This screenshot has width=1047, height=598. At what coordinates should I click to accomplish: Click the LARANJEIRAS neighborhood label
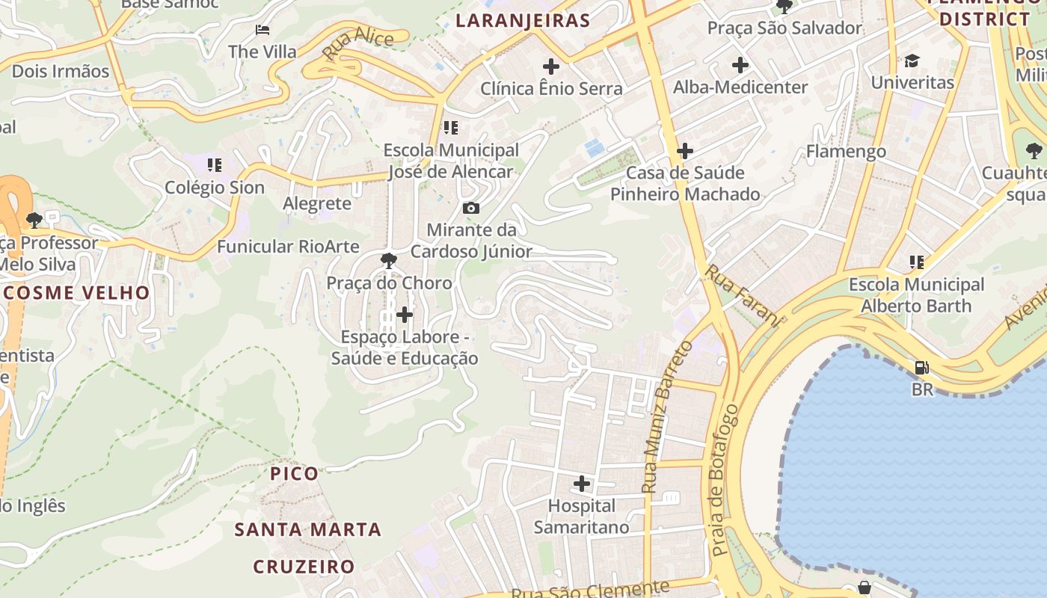coord(523,20)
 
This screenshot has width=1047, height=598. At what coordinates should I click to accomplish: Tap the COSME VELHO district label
coord(76,292)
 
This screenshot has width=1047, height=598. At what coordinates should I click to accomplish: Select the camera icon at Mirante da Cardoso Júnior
coord(471,208)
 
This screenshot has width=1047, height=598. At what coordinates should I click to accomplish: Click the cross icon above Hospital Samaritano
coord(581,484)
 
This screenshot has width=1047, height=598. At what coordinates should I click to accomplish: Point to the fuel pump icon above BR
coord(922,368)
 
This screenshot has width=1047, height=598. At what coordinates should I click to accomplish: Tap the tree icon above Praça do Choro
coord(388,261)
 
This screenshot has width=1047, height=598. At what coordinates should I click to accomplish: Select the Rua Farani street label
coord(743,295)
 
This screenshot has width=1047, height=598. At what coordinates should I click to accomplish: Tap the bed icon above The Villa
coord(262,30)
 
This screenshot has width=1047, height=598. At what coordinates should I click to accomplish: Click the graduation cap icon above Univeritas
coord(912,61)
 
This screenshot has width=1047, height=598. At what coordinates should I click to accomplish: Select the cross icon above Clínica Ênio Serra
coord(551,67)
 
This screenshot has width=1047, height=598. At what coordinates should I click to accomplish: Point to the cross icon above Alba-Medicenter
coord(740,65)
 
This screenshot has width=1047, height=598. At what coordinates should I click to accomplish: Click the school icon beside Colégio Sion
coord(215,164)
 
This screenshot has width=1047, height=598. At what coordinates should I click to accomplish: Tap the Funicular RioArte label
coord(288,246)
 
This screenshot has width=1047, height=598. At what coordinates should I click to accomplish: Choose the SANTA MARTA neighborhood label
coord(308,530)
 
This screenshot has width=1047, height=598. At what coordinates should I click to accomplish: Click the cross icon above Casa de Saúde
coord(684,151)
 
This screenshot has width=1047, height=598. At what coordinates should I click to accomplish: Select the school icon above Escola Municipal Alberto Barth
coord(916,262)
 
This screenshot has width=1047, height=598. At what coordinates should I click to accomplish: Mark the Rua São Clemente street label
coord(590,589)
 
